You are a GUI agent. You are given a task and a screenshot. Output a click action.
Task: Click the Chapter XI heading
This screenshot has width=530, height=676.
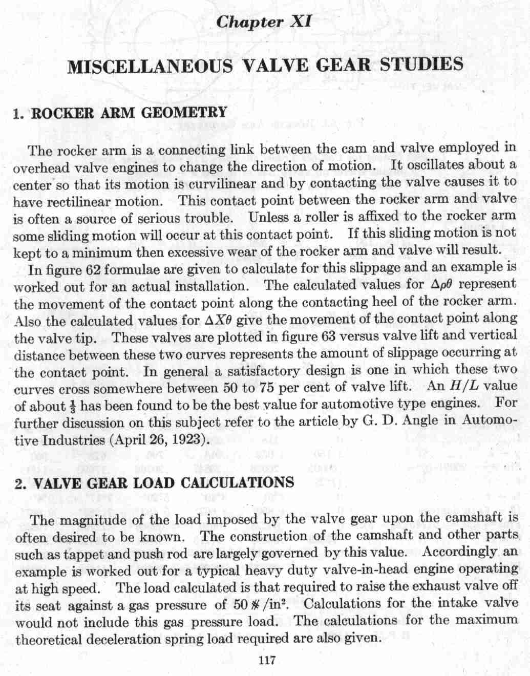264,22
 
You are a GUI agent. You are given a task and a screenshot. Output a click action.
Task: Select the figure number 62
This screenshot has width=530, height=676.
90,269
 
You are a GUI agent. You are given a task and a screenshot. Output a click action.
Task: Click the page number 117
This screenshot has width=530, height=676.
267,661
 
